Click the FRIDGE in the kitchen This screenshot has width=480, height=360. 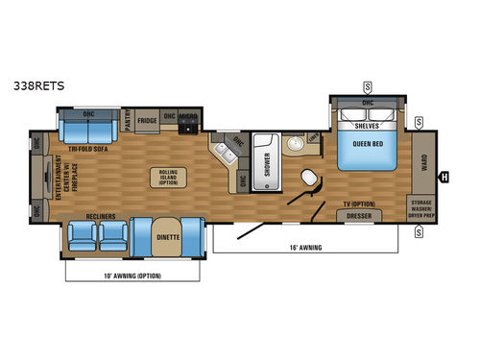(x=147, y=121)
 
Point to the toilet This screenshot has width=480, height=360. (x=310, y=180)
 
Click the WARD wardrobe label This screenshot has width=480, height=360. (x=424, y=161)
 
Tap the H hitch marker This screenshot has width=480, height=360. (x=444, y=176)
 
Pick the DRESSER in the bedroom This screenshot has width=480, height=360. (x=356, y=216)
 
